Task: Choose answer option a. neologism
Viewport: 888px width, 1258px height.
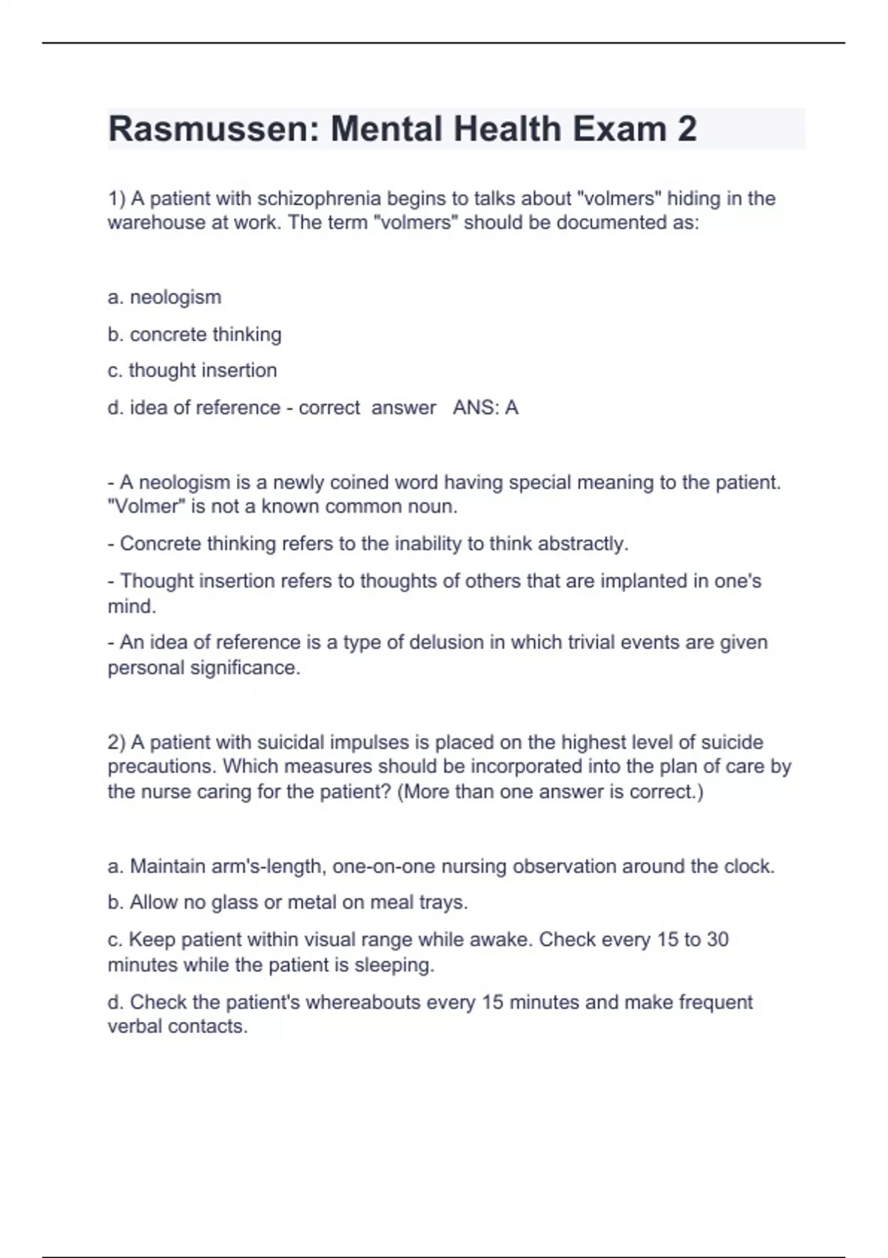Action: pos(164,297)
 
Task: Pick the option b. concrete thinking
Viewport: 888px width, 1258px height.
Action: pos(195,334)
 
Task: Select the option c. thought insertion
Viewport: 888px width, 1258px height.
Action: pos(192,371)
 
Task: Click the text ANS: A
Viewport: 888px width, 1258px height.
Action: pos(485,408)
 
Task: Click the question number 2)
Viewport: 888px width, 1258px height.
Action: pos(117,742)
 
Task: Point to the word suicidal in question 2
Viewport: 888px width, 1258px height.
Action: pos(290,742)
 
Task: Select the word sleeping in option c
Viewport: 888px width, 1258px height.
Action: pos(393,966)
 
